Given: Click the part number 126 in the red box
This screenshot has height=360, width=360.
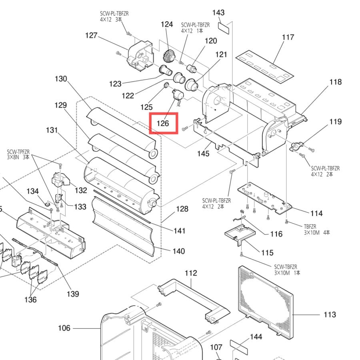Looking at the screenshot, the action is pyautogui.click(x=163, y=124).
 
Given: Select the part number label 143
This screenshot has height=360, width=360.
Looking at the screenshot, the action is pyautogui.click(x=218, y=13).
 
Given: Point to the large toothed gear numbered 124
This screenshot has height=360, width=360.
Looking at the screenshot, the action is pyautogui.click(x=169, y=57).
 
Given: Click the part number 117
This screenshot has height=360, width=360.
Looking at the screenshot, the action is pyautogui.click(x=288, y=37).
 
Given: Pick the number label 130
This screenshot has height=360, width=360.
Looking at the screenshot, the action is pyautogui.click(x=61, y=79).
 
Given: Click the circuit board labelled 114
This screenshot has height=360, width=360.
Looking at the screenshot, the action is pyautogui.click(x=264, y=198).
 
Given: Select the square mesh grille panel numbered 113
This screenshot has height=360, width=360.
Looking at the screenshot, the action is pyautogui.click(x=266, y=302).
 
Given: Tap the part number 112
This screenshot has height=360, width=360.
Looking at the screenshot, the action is pyautogui.click(x=191, y=273).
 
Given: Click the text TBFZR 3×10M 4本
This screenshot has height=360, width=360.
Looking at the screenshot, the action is pyautogui.click(x=317, y=230).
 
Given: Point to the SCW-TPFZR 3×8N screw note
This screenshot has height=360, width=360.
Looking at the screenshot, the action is pyautogui.click(x=18, y=154).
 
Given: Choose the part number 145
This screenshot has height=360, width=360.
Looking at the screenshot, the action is pyautogui.click(x=203, y=154).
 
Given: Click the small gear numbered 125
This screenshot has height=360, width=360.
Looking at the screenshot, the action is pyautogui.click(x=166, y=86).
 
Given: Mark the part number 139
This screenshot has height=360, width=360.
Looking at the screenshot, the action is pyautogui.click(x=73, y=294).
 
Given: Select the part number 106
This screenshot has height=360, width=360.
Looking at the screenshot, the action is pyautogui.click(x=64, y=328).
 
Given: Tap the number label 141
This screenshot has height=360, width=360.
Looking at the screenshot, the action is pyautogui.click(x=179, y=231).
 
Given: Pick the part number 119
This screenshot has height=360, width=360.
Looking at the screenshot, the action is pyautogui.click(x=336, y=122).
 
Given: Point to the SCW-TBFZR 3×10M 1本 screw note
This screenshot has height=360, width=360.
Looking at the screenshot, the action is pyautogui.click(x=287, y=270).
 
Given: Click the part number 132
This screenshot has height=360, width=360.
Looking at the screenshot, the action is pyautogui.click(x=81, y=190).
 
